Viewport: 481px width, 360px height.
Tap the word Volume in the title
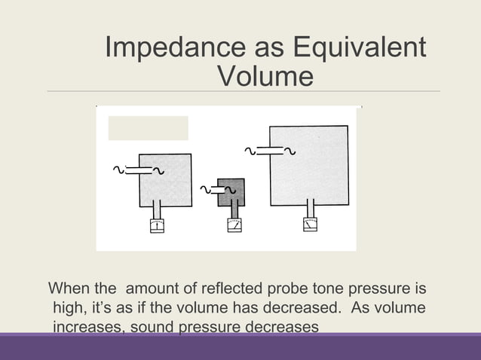263,77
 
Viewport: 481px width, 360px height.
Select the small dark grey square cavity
231,192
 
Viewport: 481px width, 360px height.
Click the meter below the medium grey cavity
156,226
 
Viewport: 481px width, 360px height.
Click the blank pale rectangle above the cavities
148,128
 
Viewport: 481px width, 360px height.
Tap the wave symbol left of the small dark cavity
204,188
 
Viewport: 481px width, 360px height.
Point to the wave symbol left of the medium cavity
118,170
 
